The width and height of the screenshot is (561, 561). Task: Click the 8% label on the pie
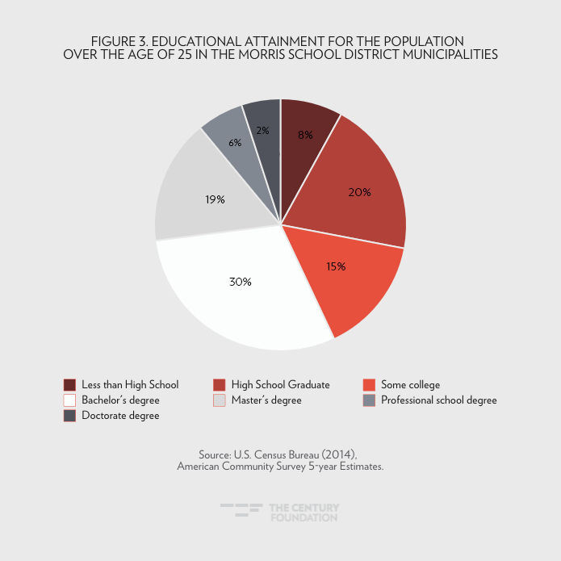tap(305, 135)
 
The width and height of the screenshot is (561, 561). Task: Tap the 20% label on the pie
tap(360, 192)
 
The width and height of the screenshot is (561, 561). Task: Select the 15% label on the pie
tap(336, 266)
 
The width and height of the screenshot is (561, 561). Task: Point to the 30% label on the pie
tap(241, 282)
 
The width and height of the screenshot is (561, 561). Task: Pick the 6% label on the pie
tap(234, 142)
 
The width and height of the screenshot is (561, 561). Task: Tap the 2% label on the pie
tap(263, 130)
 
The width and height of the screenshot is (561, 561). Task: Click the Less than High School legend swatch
tap(69, 385)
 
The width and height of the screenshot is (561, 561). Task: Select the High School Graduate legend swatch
tap(219, 385)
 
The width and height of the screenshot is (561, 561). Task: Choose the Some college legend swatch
tap(369, 385)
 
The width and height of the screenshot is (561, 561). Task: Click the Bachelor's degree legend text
tap(120, 400)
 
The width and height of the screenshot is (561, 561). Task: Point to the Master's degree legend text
tap(266, 400)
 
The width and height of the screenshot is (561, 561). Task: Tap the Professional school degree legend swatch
tap(369, 400)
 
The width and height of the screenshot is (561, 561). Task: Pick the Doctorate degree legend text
tap(120, 416)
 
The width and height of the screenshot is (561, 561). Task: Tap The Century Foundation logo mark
tap(241, 510)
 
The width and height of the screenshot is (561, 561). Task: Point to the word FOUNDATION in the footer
tap(304, 517)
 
